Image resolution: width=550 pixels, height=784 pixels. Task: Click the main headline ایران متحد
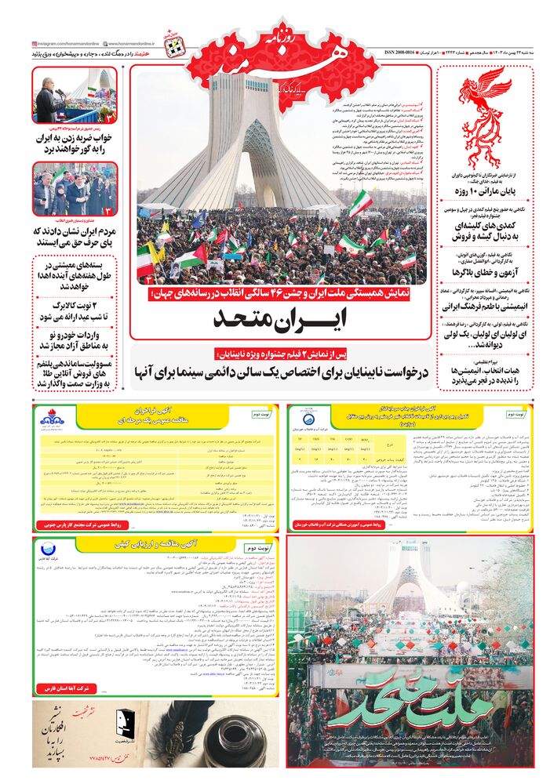pos(280,320)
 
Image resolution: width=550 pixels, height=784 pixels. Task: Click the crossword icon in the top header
pos(174,48)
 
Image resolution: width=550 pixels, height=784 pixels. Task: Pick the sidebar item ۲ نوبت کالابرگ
pos(75,311)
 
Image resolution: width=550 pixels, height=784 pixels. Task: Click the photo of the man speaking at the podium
pos(74,96)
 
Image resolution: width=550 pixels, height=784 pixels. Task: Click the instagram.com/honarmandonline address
pos(66,44)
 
